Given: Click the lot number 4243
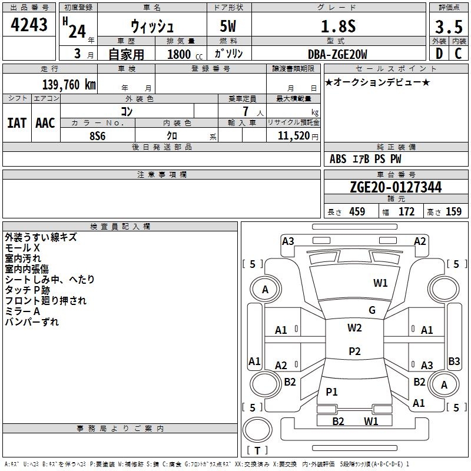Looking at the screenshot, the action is tap(29, 25).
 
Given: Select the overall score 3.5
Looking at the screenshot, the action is tap(449, 26).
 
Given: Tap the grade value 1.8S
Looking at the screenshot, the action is tap(338, 26).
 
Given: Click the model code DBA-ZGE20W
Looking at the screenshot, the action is tap(337, 54).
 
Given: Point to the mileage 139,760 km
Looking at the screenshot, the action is tap(69, 84).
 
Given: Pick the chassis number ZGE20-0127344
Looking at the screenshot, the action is tap(396, 187).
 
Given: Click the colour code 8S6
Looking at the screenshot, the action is tap(98, 136).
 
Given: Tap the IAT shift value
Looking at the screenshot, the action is tap(17, 123).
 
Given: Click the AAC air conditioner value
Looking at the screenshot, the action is tap(45, 123).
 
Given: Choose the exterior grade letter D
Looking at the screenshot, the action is tap(439, 54).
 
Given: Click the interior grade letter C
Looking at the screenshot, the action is tap(458, 54).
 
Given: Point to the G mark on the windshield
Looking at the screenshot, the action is tap(372, 310).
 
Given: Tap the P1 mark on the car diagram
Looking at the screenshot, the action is tap(331, 392).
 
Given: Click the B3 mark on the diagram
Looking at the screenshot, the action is tap(454, 361).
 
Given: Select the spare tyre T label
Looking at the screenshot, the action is tap(257, 450).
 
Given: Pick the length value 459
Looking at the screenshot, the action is tap(357, 211).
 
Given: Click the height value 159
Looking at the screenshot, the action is tap(453, 211).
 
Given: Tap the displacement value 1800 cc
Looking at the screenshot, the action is tap(185, 54).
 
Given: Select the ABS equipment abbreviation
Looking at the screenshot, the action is tap(338, 159).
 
